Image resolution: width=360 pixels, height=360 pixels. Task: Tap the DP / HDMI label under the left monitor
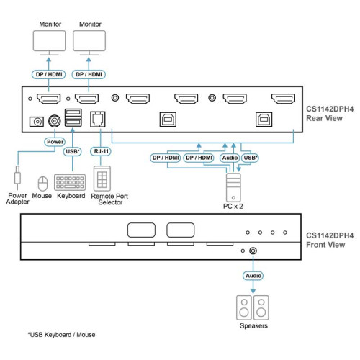(x=50, y=74)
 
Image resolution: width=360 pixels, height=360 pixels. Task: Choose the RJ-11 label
(x=99, y=152)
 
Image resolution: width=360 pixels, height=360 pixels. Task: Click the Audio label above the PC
(x=229, y=156)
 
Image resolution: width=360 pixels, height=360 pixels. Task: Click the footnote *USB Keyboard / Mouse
(x=61, y=335)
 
